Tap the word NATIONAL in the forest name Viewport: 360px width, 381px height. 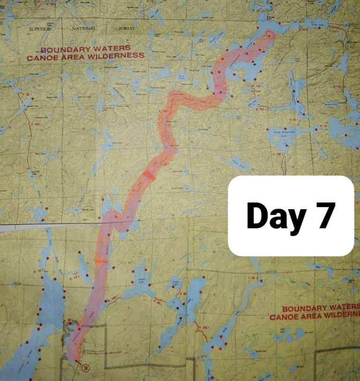[84, 29]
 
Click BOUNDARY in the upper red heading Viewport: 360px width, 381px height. [60, 50]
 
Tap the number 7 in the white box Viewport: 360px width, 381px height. [325, 216]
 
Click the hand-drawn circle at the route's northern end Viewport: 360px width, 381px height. [269, 35]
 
